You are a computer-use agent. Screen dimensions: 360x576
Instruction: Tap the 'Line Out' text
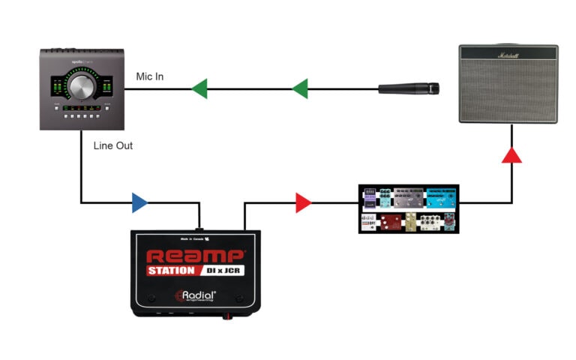coord(113,145)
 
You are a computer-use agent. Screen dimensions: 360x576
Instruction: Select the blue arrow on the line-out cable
coord(139,202)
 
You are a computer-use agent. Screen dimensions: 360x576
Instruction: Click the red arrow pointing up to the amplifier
coord(511,154)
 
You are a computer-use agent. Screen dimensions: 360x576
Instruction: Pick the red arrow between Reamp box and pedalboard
coord(303,202)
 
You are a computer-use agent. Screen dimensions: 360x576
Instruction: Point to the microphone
coord(408,89)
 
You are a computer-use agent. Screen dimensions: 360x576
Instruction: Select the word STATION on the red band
coord(172,271)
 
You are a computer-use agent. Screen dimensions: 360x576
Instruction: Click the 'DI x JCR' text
coord(226,271)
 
